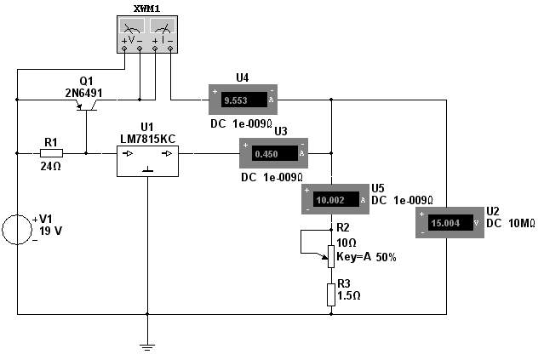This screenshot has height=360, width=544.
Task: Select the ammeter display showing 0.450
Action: coord(275,154)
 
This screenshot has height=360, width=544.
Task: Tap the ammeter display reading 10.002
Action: coord(336,200)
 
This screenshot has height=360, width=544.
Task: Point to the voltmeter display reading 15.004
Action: coord(450,223)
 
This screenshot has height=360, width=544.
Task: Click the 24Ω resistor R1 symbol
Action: coord(51,153)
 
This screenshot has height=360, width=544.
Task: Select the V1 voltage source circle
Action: coord(17,230)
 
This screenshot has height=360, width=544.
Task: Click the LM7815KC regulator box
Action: coord(148,161)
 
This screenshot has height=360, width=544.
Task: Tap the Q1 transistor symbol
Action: coord(86,105)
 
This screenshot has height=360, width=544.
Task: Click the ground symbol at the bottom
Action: coord(147,347)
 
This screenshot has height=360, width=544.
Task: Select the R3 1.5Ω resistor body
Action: coord(331,294)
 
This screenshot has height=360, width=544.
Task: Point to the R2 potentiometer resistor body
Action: coord(331,257)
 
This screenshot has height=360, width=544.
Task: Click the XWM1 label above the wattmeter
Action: coord(147,9)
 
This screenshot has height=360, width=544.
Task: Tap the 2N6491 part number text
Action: coord(84,93)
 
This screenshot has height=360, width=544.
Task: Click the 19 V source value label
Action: coord(50,231)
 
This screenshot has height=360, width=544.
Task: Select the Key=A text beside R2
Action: coord(353,257)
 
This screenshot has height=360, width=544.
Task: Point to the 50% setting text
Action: coord(387,257)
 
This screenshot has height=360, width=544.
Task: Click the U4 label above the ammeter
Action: coord(242,78)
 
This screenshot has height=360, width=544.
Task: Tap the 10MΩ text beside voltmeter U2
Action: coord(522,223)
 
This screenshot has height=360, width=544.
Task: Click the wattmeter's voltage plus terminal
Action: coord(124,49)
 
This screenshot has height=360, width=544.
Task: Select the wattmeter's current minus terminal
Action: coord(170,49)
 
